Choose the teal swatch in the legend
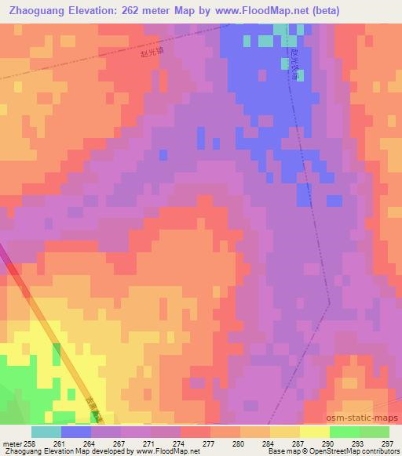46,432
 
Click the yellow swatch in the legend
314,432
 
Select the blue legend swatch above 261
76,432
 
